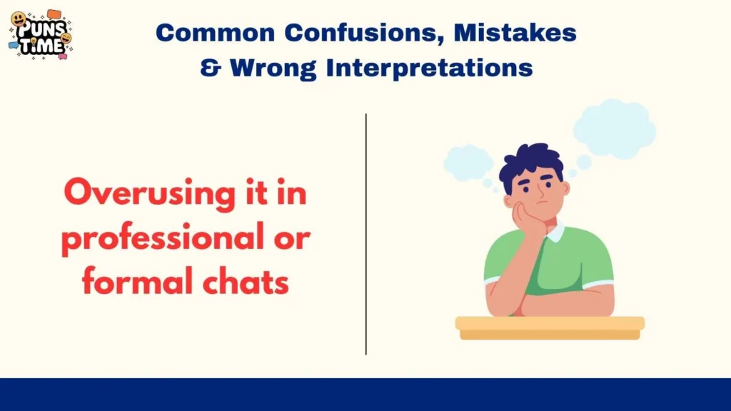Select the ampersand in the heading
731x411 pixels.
[x=210, y=68]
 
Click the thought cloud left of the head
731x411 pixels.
[x=468, y=163]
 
